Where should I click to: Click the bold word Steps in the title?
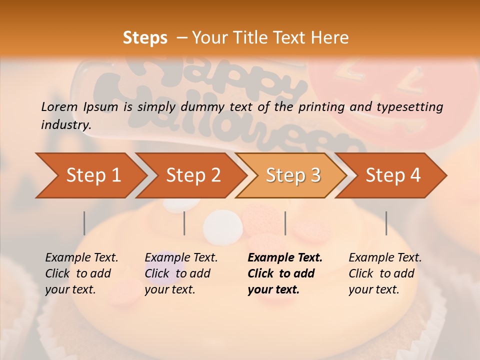pyautogui.click(x=145, y=38)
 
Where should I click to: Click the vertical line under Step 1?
pyautogui.click(x=84, y=223)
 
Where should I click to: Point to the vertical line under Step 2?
pyautogui.click(x=184, y=223)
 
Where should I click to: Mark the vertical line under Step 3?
pyautogui.click(x=285, y=223)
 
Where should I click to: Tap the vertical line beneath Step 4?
pyautogui.click(x=386, y=223)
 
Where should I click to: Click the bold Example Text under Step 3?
pyautogui.click(x=285, y=257)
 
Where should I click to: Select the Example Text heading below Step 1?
pyautogui.click(x=81, y=257)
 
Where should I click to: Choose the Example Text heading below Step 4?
pyautogui.click(x=385, y=257)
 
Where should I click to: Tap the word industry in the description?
pyautogui.click(x=66, y=124)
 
